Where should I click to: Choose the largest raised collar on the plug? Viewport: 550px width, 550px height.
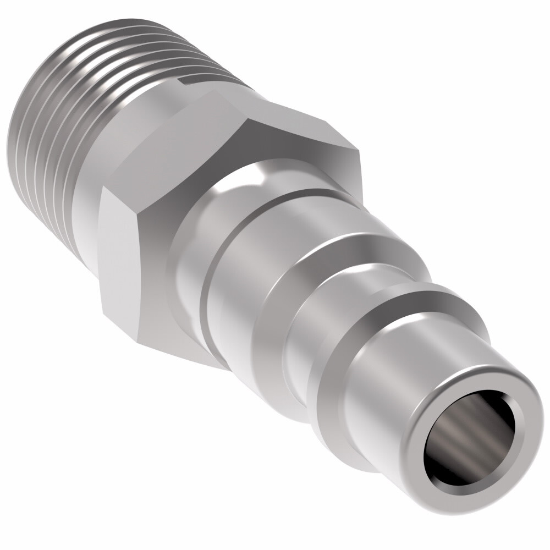pyautogui.click(x=308, y=286)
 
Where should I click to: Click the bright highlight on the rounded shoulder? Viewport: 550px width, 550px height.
pyautogui.click(x=256, y=179)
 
